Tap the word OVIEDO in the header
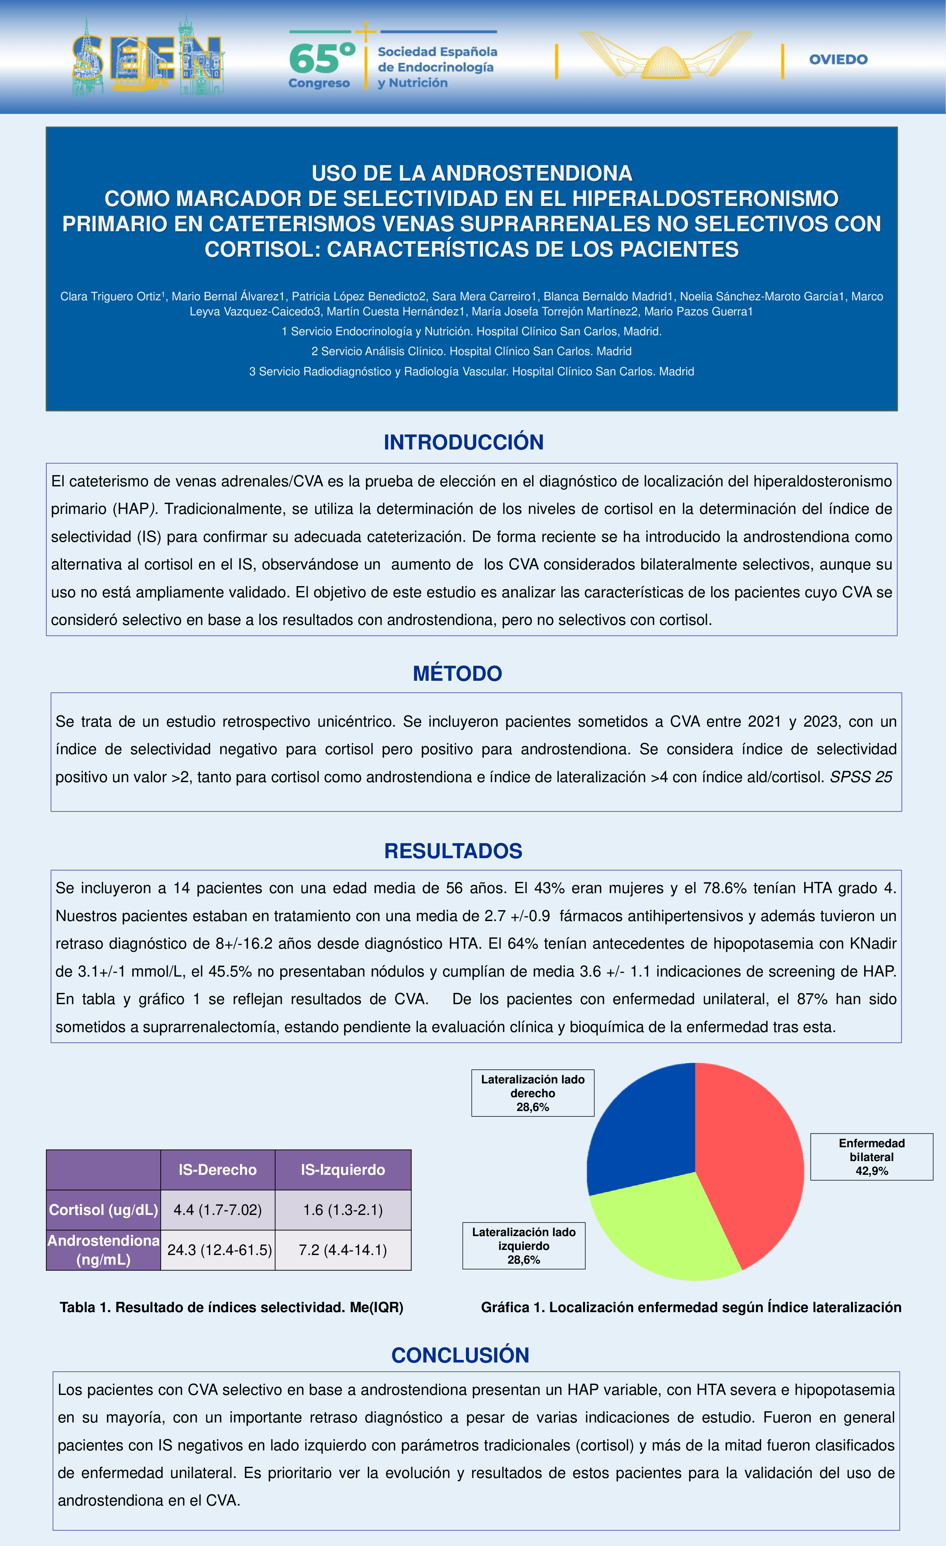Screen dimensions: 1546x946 pos(838,60)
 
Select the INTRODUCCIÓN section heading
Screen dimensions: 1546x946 pos(463,442)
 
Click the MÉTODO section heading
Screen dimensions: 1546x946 pos(457,673)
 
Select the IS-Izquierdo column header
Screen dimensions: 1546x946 pos(343,1170)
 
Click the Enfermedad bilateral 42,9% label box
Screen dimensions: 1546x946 pos(871,1156)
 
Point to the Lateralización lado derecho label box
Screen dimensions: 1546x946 pos(532,1093)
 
